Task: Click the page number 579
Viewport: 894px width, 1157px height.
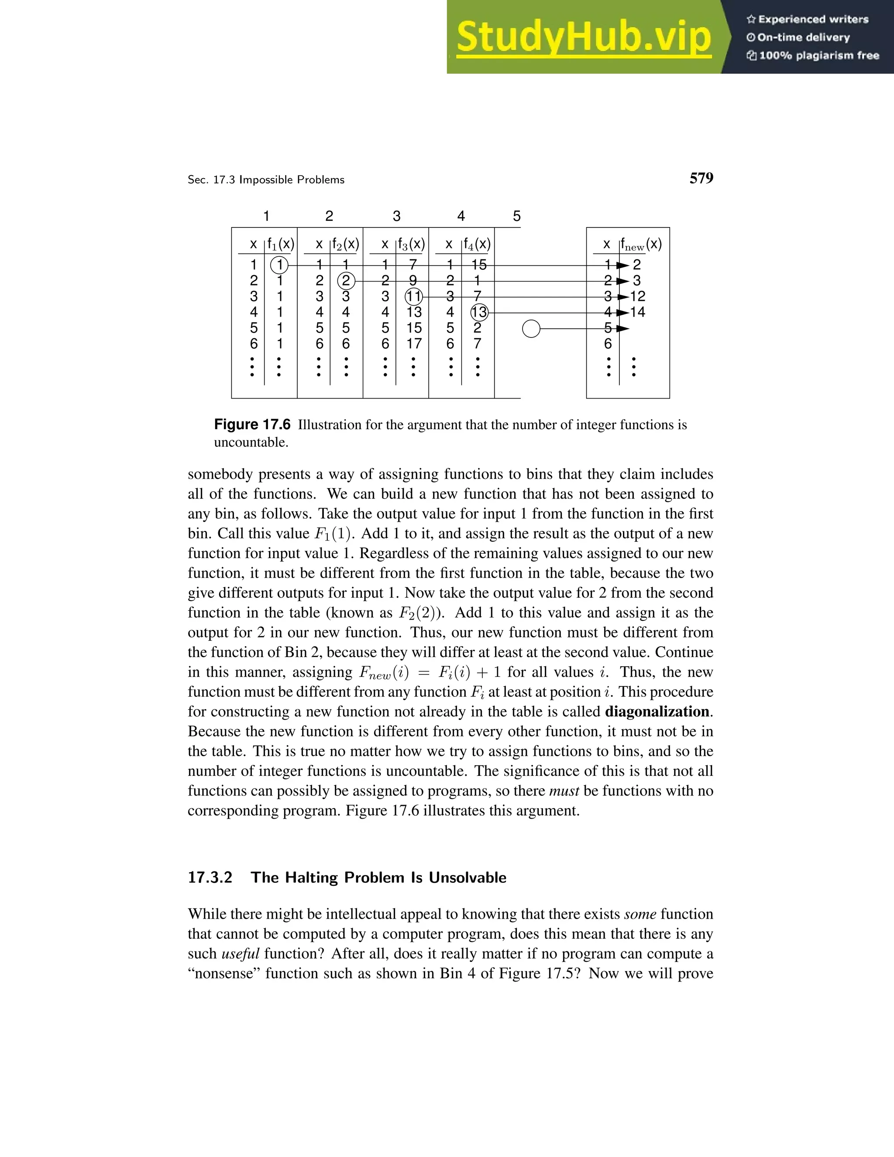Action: [x=701, y=179]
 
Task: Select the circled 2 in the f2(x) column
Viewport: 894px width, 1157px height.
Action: [x=346, y=281]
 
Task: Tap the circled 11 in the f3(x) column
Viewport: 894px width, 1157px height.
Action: [x=413, y=296]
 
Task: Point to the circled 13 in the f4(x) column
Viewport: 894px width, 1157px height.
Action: [x=479, y=313]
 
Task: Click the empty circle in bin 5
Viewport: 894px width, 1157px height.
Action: [x=531, y=329]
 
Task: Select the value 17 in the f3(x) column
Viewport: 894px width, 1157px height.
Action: [x=414, y=344]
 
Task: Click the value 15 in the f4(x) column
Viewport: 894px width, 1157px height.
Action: [x=478, y=265]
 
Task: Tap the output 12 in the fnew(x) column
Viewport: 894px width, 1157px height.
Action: [x=638, y=296]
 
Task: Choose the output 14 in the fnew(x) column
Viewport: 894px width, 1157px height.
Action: [x=638, y=312]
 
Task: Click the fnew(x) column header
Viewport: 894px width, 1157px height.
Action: [x=641, y=245]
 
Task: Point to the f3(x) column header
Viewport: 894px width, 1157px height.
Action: [x=412, y=244]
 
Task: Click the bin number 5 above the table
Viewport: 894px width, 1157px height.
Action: [x=517, y=216]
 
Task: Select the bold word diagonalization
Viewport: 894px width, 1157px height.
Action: [x=657, y=712]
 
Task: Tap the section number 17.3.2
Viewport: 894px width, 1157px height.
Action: [x=210, y=878]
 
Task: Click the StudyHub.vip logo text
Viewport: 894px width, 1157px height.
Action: [x=583, y=38]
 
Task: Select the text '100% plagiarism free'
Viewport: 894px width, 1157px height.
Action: [x=819, y=55]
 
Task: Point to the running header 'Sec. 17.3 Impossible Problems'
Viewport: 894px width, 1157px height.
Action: [x=266, y=180]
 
